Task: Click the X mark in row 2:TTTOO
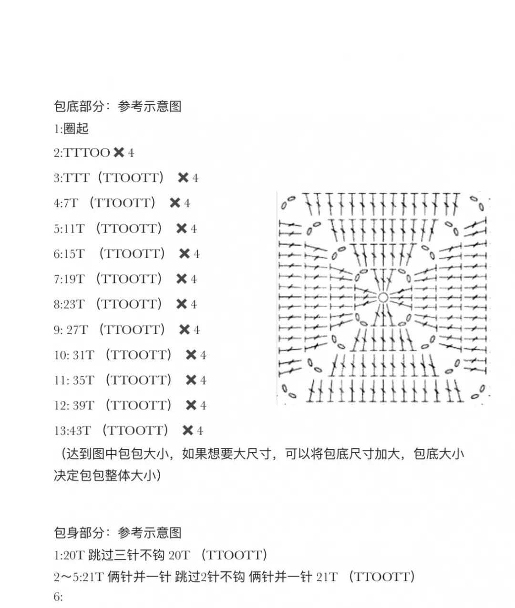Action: click(119, 152)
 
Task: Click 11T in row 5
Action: click(73, 229)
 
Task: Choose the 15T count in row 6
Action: click(73, 254)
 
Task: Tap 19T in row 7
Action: click(73, 279)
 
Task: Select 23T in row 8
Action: click(73, 304)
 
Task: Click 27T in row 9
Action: click(77, 330)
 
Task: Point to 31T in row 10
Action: click(83, 355)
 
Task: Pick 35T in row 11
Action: click(83, 380)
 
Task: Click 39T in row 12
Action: click(83, 405)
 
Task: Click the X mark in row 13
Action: click(188, 430)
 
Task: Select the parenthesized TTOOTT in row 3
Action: click(131, 178)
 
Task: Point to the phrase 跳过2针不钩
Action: click(210, 577)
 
